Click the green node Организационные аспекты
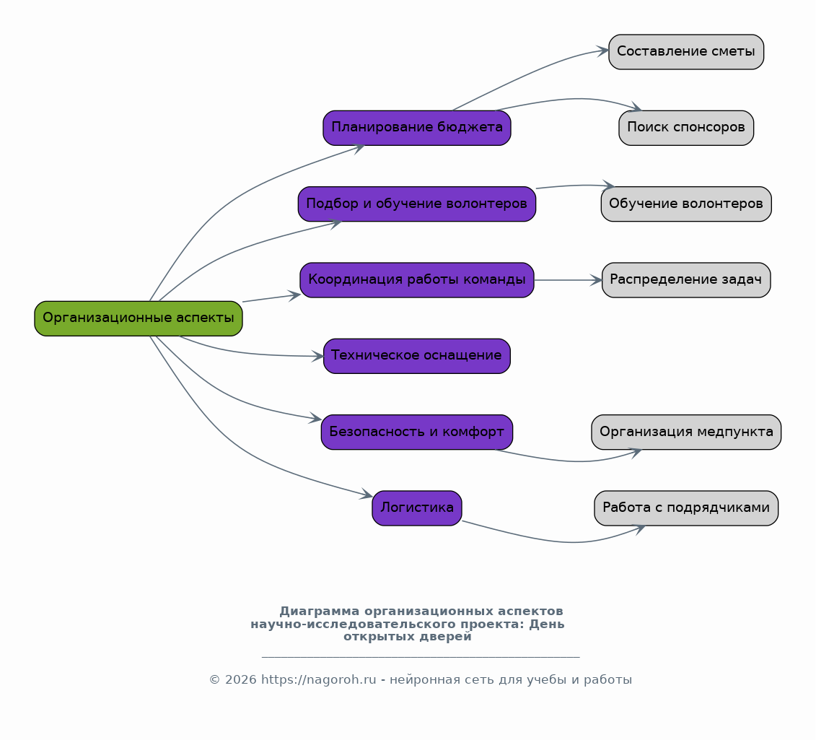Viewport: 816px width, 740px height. pyautogui.click(x=139, y=318)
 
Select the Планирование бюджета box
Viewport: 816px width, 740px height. pyautogui.click(x=417, y=128)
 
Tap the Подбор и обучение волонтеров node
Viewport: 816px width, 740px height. pyautogui.click(x=417, y=204)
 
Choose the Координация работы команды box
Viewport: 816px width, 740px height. pyautogui.click(x=417, y=279)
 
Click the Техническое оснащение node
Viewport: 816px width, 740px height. pyautogui.click(x=417, y=356)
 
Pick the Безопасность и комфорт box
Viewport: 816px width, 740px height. pyautogui.click(x=417, y=432)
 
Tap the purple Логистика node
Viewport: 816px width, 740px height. pyautogui.click(x=417, y=508)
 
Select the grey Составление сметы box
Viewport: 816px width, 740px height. pyautogui.click(x=686, y=51)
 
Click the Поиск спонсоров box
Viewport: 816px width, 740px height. pyautogui.click(x=686, y=128)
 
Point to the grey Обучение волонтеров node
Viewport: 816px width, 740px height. pyautogui.click(x=686, y=204)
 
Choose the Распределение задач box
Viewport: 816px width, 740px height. pyautogui.click(x=686, y=279)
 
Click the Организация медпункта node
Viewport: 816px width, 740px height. pyautogui.click(x=686, y=432)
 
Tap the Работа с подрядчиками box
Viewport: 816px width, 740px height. pyautogui.click(x=686, y=508)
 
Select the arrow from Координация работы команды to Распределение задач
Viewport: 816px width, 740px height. pyautogui.click(x=568, y=280)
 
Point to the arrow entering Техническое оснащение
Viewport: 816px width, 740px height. pyautogui.click(x=245, y=353)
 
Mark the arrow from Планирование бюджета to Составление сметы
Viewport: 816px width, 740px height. pyautogui.click(x=528, y=74)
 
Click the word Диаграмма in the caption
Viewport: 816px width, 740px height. pyautogui.click(x=319, y=611)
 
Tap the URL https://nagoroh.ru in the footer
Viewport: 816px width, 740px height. pyautogui.click(x=318, y=679)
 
